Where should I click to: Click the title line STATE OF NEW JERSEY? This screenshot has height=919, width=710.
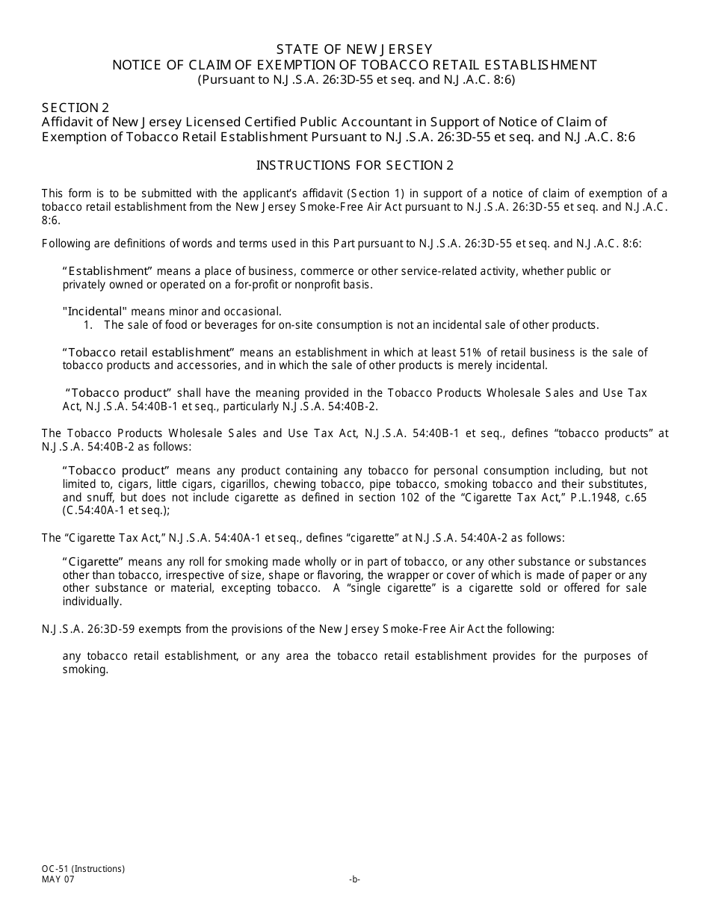tap(355, 49)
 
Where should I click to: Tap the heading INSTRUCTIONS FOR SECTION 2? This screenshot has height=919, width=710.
tap(355, 165)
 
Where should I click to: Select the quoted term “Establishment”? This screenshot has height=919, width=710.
tap(106, 271)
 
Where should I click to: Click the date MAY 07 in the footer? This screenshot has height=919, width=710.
tap(58, 879)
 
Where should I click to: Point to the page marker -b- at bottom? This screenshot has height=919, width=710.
tap(355, 879)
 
